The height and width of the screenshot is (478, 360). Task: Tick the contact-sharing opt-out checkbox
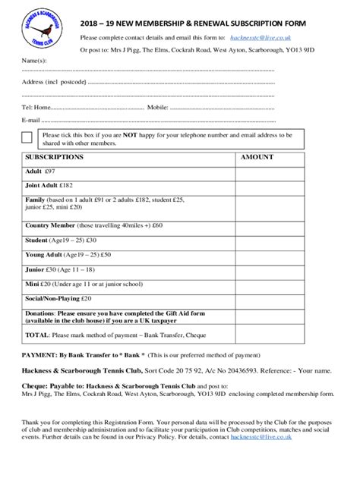27,137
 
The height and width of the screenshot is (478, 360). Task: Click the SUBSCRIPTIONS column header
55,158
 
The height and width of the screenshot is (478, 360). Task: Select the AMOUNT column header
257,158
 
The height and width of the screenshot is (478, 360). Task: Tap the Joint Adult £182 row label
48,184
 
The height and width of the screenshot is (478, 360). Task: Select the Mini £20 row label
39,283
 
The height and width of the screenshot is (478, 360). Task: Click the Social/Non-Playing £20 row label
58,298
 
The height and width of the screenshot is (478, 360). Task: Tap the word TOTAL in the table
38,334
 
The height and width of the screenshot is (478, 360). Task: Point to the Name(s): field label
34,60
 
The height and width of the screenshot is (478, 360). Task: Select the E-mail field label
31,120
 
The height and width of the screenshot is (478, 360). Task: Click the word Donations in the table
39,313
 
